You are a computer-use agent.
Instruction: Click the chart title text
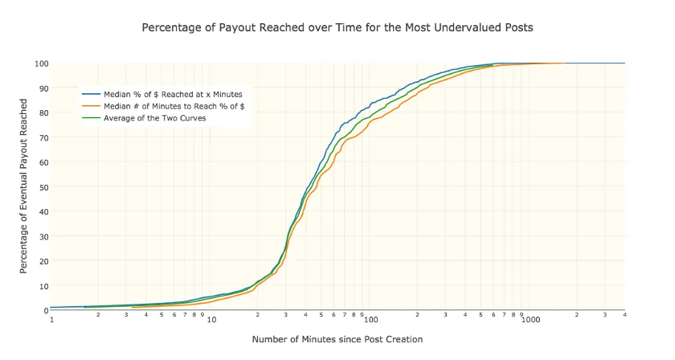337,27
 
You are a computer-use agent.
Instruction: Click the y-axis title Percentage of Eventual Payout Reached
24,186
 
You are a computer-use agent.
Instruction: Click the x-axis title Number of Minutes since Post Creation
337,339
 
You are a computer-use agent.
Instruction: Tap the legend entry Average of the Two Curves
155,118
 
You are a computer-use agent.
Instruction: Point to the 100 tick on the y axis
42,63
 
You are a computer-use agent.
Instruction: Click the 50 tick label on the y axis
43,186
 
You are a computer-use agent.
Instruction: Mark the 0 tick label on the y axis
46,310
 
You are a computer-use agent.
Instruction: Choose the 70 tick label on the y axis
43,137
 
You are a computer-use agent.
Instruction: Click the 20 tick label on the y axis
43,260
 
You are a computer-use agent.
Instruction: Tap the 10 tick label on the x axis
211,319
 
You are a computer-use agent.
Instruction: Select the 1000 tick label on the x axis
530,319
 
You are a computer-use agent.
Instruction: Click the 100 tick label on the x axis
371,319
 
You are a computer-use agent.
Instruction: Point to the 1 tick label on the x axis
51,319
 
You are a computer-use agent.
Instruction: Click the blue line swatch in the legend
91,95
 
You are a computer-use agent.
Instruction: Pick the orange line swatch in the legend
91,106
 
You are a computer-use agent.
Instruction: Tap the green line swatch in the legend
91,118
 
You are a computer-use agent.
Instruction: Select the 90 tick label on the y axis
43,88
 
